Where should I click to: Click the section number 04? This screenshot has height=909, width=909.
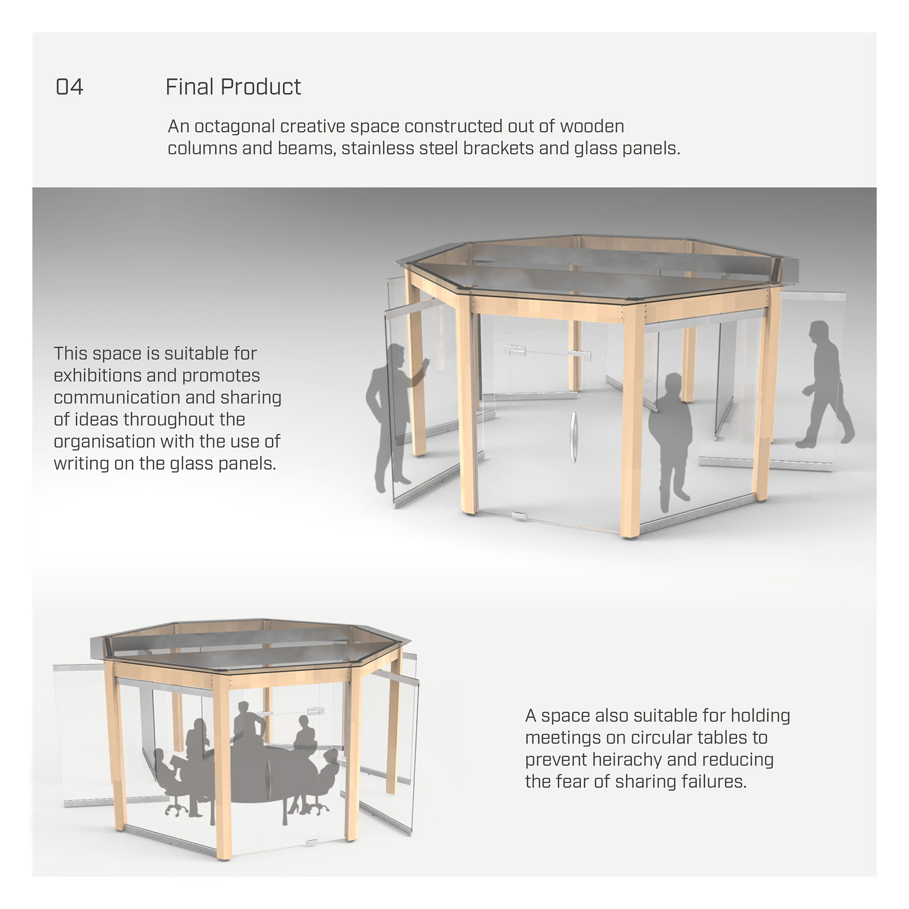[x=69, y=87]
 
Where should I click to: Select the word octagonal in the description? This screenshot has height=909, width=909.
[x=235, y=127]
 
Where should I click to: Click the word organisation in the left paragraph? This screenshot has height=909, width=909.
[x=100, y=442]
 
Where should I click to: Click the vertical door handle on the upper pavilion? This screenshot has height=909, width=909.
[x=574, y=437]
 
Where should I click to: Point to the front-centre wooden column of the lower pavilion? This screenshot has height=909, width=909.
[x=222, y=767]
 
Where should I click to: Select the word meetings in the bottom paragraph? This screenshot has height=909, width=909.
[x=562, y=738]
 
